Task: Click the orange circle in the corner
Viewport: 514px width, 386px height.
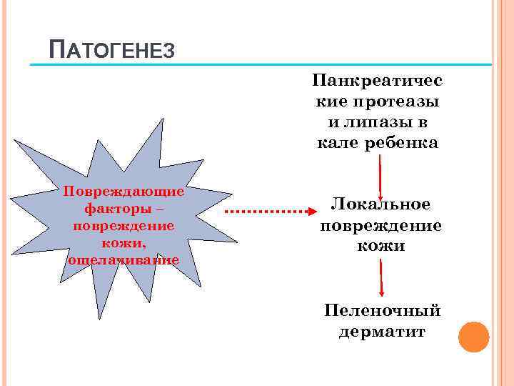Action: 473,337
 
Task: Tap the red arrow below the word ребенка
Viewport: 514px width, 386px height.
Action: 380,176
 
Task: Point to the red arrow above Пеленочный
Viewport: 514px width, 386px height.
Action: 382,279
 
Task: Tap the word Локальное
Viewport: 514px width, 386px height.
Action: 381,205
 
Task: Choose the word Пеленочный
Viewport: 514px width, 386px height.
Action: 382,311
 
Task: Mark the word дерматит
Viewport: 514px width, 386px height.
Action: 382,332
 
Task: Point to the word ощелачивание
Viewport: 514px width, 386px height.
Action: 123,260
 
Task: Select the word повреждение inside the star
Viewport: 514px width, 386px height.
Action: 123,226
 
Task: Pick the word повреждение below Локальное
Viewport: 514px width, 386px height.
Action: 381,226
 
